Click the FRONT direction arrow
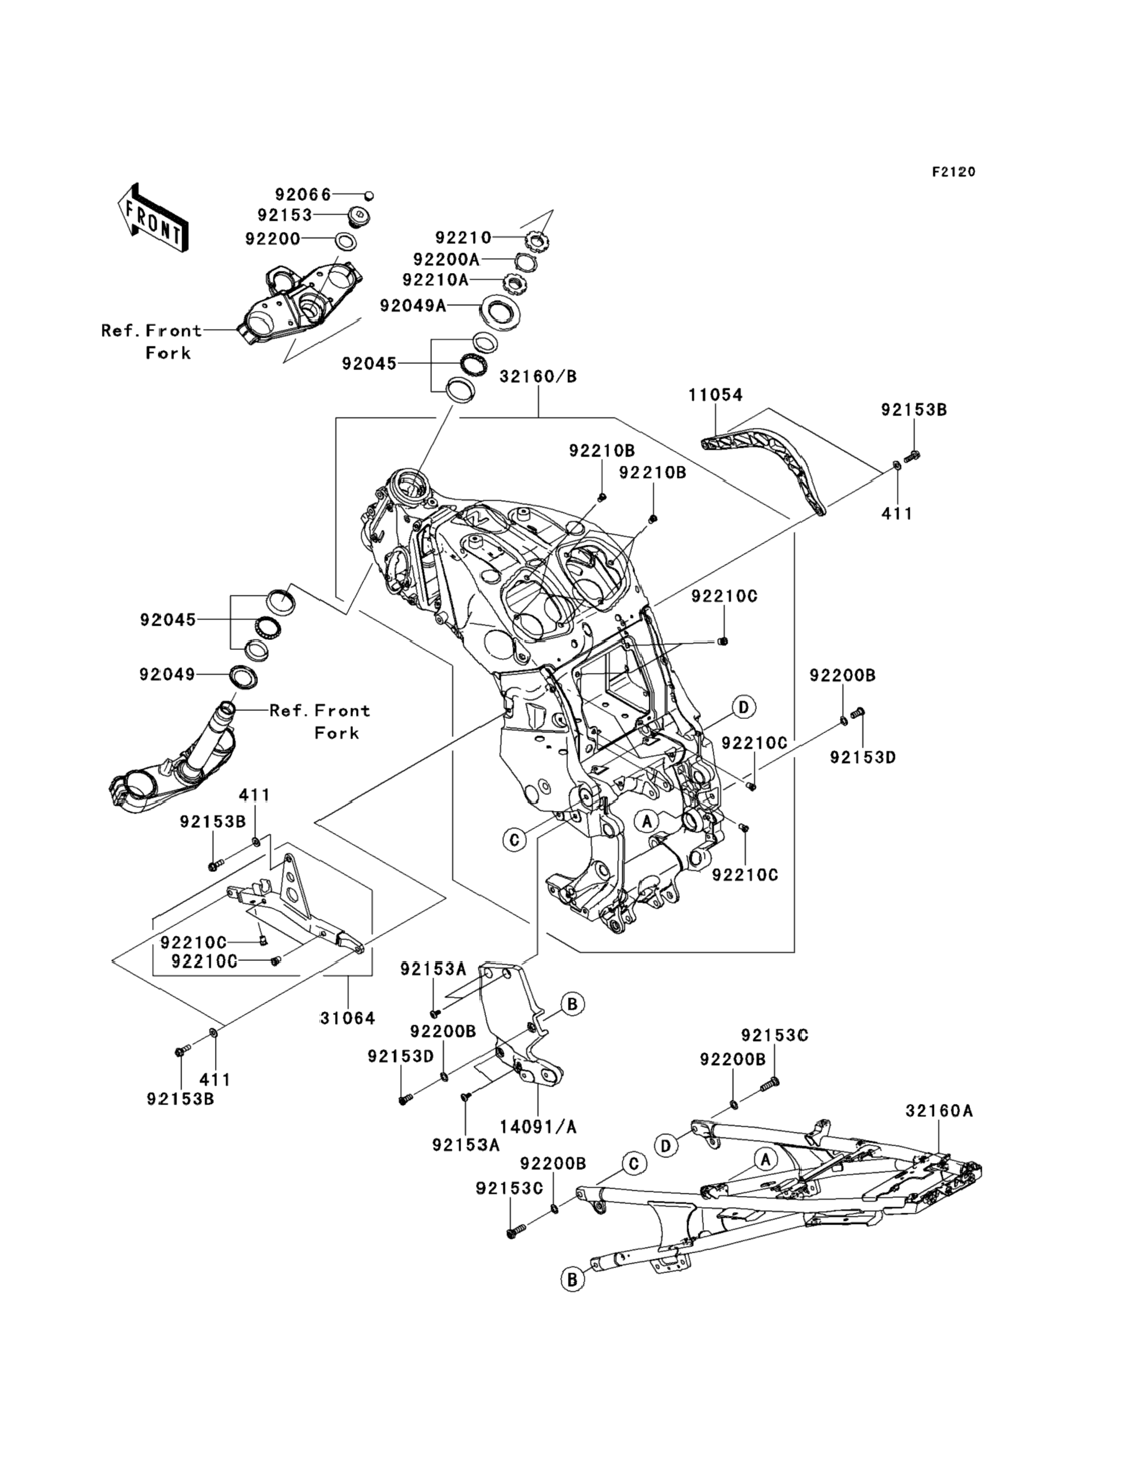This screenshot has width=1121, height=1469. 153,218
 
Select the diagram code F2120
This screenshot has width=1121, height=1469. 953,172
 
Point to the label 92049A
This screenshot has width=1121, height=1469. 413,305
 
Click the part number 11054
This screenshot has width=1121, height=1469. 715,396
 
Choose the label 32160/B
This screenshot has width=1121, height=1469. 538,377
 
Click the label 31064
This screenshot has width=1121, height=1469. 347,1018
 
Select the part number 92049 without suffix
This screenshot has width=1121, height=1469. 168,674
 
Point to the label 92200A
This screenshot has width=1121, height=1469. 446,259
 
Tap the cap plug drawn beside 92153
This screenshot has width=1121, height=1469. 359,218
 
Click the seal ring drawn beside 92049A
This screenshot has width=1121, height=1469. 498,312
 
